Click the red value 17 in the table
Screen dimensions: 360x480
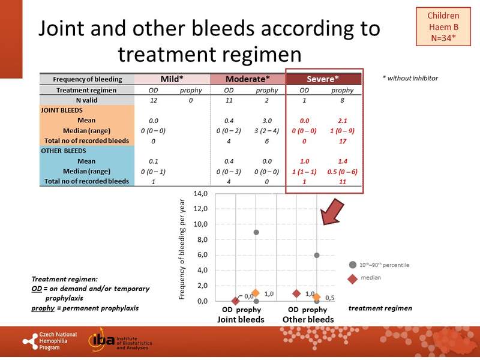coord(343,141)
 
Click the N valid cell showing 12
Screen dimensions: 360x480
coord(153,100)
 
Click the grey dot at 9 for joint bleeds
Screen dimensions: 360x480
coord(256,232)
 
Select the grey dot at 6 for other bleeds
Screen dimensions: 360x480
coord(317,255)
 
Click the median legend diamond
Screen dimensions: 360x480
coord(353,278)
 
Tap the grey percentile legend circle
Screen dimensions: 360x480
coord(353,264)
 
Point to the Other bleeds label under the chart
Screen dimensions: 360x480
coord(308,320)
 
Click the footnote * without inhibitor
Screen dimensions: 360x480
coord(410,78)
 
